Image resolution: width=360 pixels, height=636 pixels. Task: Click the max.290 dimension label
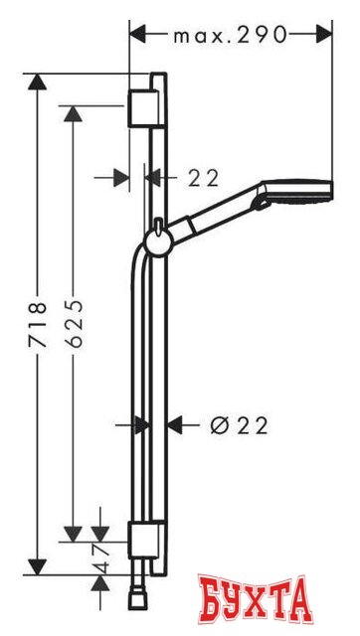click(229, 35)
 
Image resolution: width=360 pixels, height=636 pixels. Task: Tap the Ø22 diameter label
click(239, 425)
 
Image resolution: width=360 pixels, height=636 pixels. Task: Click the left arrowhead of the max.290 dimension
click(138, 35)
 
